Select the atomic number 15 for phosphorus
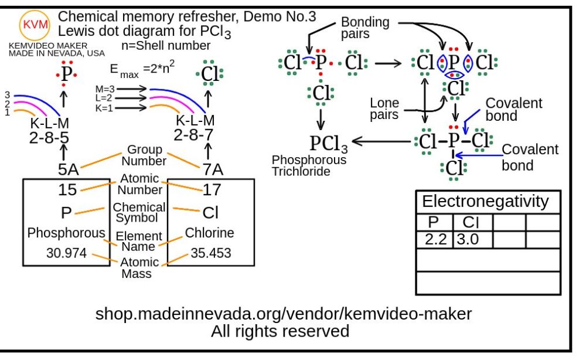[68, 189]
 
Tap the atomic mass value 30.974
[66, 253]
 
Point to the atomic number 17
[212, 189]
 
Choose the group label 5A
[67, 169]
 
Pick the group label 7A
[213, 169]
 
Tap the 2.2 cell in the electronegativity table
[434, 239]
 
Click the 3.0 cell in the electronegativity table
[471, 239]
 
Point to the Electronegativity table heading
[485, 202]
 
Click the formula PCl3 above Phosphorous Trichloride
[328, 142]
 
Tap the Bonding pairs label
[366, 28]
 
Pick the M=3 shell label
[107, 89]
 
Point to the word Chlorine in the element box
[209, 233]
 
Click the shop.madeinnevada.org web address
[283, 314]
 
